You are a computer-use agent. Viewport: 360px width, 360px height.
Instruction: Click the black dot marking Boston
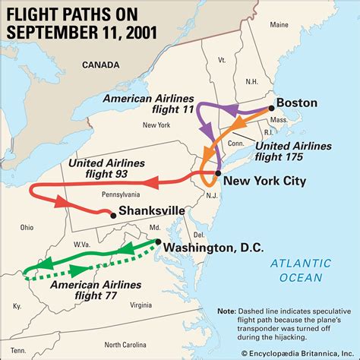click(271, 109)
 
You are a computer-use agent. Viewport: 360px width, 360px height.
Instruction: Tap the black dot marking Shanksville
click(113, 216)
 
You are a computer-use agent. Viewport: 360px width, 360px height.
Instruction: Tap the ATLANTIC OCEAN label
click(302, 270)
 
